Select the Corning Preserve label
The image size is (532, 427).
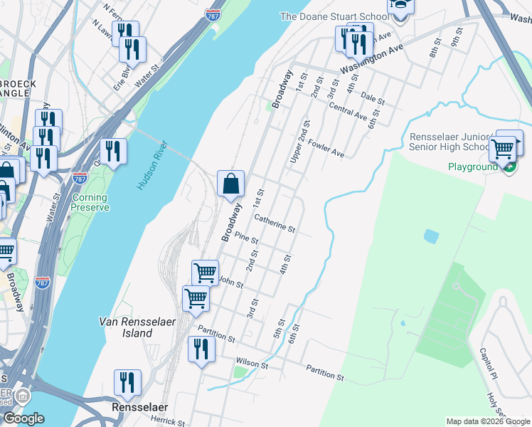point(90,202)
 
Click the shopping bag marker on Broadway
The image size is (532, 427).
point(230,184)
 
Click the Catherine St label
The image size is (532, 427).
point(275,223)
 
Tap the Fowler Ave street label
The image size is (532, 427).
point(326,148)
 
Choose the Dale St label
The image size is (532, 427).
point(372,95)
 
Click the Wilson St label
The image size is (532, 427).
point(252,364)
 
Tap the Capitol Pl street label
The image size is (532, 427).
point(486,364)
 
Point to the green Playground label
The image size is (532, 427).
point(472,167)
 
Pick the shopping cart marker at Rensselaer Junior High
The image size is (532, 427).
point(504,147)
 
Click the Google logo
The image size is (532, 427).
point(23,418)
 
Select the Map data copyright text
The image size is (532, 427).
point(488,421)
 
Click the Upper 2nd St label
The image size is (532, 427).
point(299,142)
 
